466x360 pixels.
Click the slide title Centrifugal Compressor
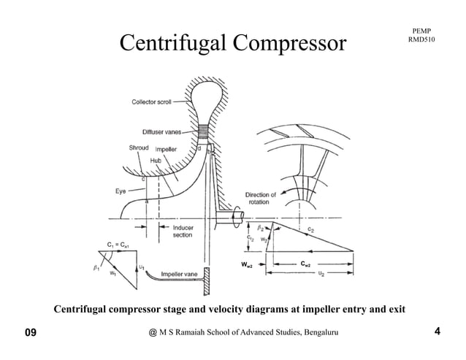(232, 43)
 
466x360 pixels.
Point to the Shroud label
(139, 148)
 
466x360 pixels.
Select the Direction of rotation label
(261, 199)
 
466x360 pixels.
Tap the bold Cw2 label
(308, 262)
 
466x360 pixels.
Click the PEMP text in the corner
(421, 29)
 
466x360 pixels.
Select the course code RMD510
(422, 39)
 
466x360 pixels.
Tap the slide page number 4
(437, 332)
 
